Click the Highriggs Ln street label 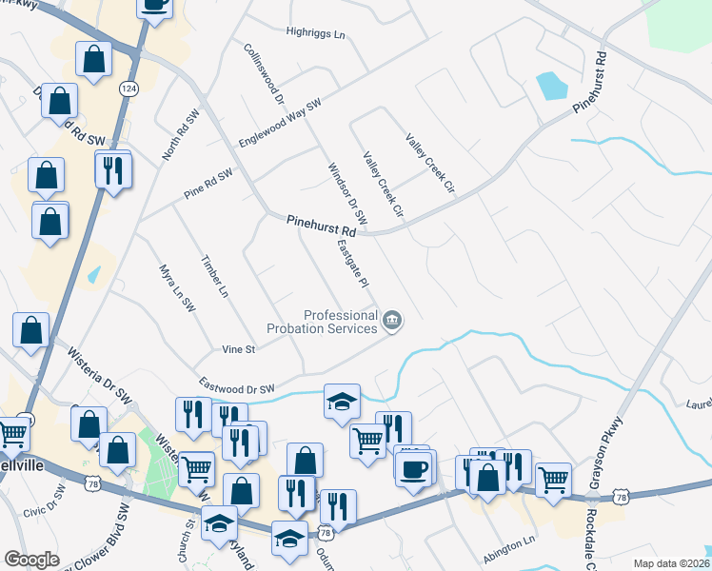coord(315,33)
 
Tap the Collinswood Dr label coord(265,72)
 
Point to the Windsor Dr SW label coord(347,195)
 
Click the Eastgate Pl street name coord(352,264)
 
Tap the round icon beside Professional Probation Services coord(391,322)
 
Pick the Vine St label coord(238,349)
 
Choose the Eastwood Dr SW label coord(236,387)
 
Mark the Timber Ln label coord(215,276)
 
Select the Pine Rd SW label coord(208,185)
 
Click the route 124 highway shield coord(127,88)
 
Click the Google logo coord(31,560)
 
